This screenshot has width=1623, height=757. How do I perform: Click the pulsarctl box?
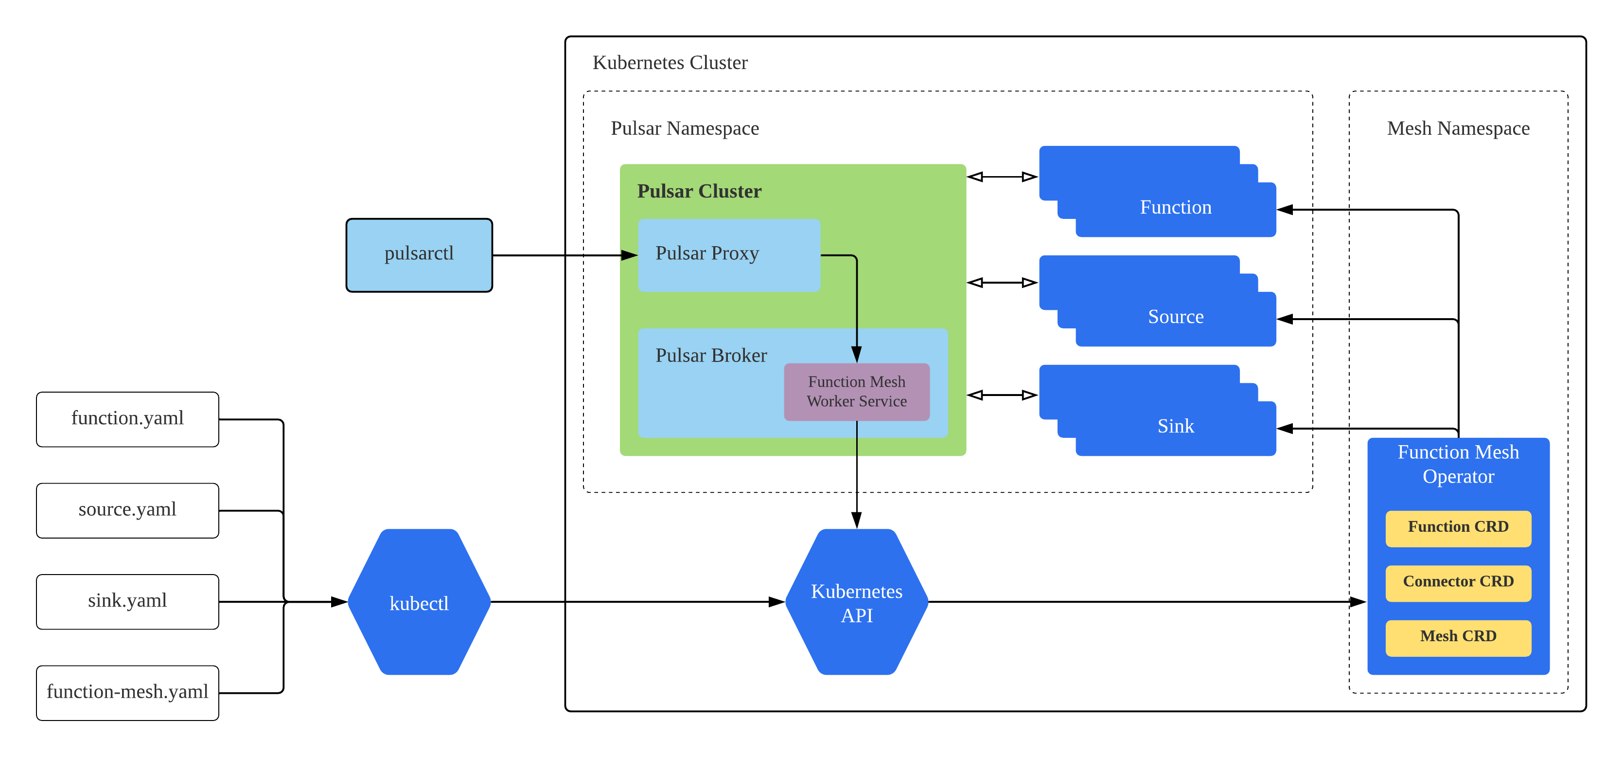(x=419, y=254)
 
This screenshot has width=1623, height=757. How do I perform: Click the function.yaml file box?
(x=127, y=418)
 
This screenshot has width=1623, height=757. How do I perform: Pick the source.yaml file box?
(x=127, y=510)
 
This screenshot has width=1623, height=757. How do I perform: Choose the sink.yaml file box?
(x=127, y=601)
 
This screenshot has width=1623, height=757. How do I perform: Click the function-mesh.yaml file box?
(x=127, y=692)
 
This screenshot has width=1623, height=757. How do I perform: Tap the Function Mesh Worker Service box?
(x=856, y=392)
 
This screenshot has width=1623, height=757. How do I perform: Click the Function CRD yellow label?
(x=1457, y=527)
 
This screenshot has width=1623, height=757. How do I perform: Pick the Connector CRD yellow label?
(x=1457, y=582)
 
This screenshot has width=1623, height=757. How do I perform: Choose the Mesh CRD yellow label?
(x=1457, y=637)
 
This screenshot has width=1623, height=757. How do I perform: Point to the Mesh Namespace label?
(x=1457, y=128)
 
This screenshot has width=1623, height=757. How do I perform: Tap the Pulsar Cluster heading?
(x=699, y=192)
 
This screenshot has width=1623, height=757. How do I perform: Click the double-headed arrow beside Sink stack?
(x=1002, y=395)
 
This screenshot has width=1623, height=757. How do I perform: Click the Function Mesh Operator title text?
(x=1457, y=465)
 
